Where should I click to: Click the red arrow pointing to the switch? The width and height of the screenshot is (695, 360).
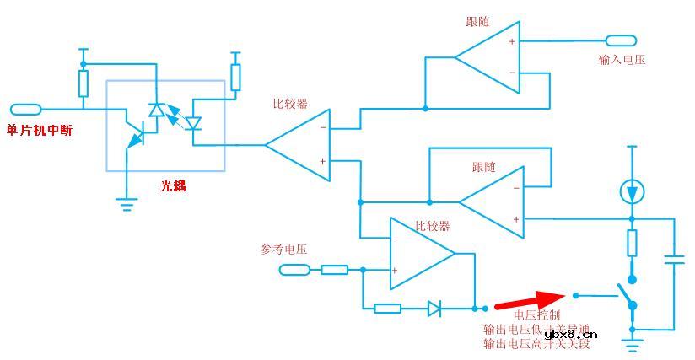click(x=529, y=300)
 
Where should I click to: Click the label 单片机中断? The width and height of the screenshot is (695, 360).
click(x=39, y=130)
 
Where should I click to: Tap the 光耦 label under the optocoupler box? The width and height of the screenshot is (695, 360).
click(x=173, y=185)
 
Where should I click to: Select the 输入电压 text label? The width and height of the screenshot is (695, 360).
click(x=622, y=60)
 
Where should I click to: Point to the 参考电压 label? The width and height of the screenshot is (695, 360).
click(x=283, y=250)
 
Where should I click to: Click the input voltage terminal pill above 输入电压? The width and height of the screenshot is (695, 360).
click(x=621, y=40)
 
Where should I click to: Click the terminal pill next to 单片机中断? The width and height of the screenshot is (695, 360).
click(x=25, y=109)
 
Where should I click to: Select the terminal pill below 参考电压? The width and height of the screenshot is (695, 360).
click(x=295, y=270)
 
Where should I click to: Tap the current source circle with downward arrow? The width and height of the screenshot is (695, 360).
click(x=632, y=192)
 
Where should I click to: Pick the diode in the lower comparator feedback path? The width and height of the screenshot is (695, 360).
click(x=434, y=309)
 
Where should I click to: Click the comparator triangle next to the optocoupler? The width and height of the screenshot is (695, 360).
click(x=299, y=144)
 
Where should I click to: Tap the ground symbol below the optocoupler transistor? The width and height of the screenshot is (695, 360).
click(x=127, y=201)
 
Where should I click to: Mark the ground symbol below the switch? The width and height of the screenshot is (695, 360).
click(x=632, y=341)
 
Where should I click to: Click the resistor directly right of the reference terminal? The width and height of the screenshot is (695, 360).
click(x=334, y=270)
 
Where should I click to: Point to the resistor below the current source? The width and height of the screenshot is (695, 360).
click(x=632, y=243)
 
